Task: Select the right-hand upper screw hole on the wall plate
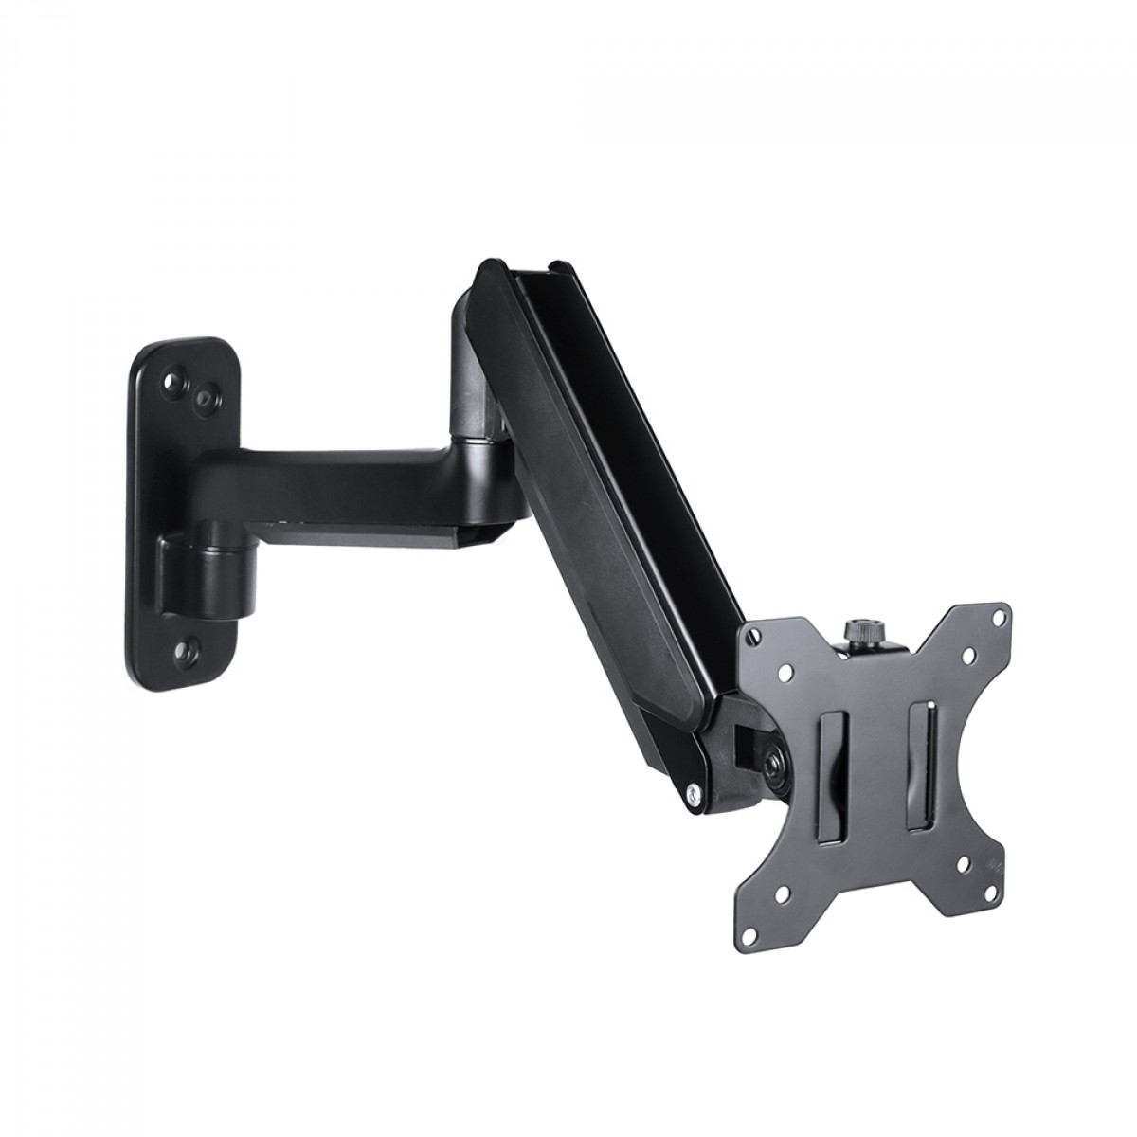click(x=202, y=402)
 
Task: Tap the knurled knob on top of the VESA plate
click(x=858, y=632)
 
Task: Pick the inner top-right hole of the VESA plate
click(x=968, y=653)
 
